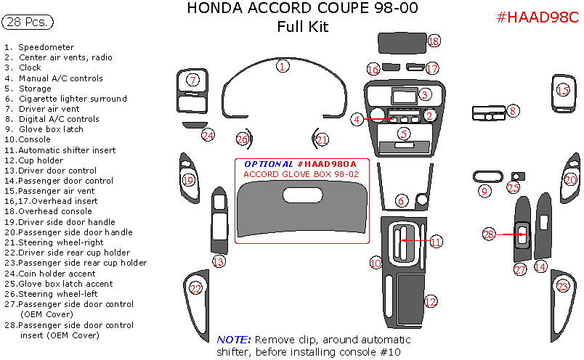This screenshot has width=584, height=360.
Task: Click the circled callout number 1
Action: [x=283, y=66]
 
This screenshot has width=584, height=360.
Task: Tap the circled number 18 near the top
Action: [x=434, y=41]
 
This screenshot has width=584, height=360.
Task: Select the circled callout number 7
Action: [x=192, y=80]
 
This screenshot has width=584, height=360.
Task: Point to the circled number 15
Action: [x=563, y=90]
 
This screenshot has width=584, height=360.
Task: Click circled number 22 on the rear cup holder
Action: [x=195, y=289]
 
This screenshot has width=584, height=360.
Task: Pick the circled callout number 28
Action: [x=489, y=234]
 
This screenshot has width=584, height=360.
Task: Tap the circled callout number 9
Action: [x=485, y=191]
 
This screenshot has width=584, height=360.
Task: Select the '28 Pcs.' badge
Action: [x=28, y=22]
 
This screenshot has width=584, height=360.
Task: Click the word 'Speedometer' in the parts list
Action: [x=46, y=47]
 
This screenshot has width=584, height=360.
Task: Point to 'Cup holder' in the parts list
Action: [x=41, y=160]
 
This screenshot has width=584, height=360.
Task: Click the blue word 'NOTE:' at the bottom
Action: [x=233, y=340]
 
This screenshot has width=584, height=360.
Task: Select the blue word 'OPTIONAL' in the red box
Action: [x=269, y=164]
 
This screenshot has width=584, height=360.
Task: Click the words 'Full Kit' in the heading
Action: [x=302, y=28]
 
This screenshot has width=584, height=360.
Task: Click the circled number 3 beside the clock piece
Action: [x=425, y=94]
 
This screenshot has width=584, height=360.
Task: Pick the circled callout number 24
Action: [x=208, y=135]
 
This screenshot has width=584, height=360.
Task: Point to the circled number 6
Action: [x=401, y=200]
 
